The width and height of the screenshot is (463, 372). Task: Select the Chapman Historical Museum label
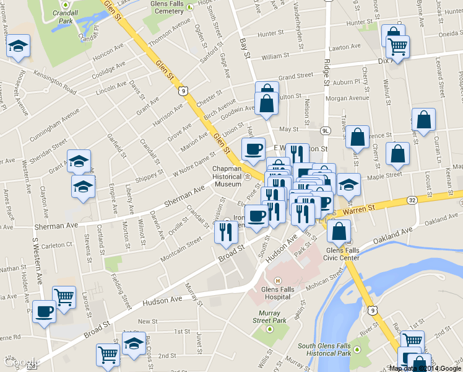(227, 176)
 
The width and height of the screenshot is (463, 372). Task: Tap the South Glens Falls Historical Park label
(324, 350)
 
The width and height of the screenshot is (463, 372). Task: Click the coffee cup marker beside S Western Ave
(43, 310)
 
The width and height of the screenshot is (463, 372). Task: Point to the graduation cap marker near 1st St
(132, 342)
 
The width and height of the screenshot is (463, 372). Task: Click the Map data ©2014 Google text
(425, 368)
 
